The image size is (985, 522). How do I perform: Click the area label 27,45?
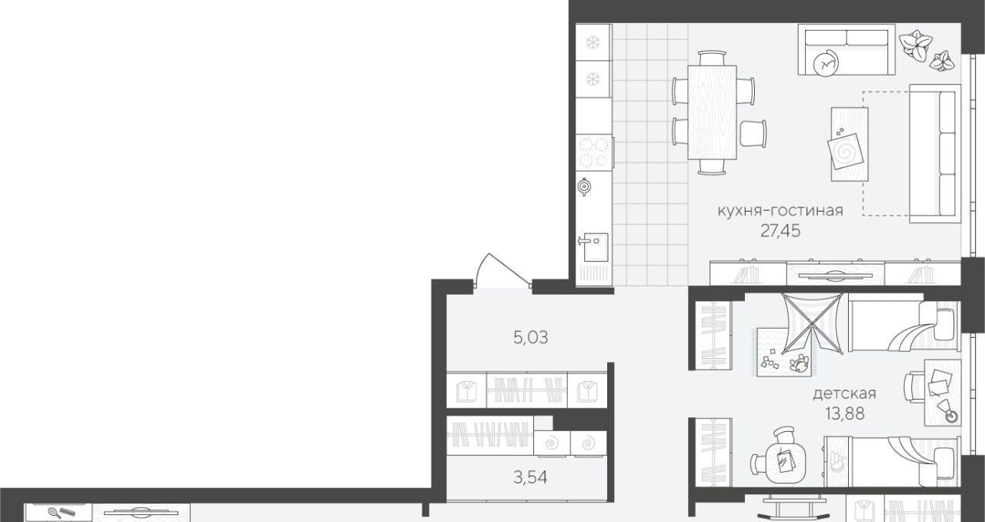click(780, 231)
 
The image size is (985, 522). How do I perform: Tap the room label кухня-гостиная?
click(780, 210)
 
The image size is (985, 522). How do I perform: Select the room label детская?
click(844, 393)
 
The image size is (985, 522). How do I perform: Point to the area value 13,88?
click(845, 413)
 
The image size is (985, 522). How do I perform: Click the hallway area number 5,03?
click(531, 337)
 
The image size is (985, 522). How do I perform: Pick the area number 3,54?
click(531, 477)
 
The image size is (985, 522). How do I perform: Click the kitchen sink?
click(594, 247)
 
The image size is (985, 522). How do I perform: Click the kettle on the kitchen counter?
click(584, 186)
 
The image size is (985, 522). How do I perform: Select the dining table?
click(712, 112)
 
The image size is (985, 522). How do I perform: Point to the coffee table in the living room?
click(850, 144)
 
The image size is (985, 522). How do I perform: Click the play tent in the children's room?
click(812, 323)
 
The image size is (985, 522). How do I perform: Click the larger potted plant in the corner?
click(915, 45)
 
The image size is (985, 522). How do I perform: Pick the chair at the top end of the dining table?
click(712, 58)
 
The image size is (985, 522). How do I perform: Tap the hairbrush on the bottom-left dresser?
click(55, 512)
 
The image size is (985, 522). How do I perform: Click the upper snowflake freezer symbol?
click(593, 42)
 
